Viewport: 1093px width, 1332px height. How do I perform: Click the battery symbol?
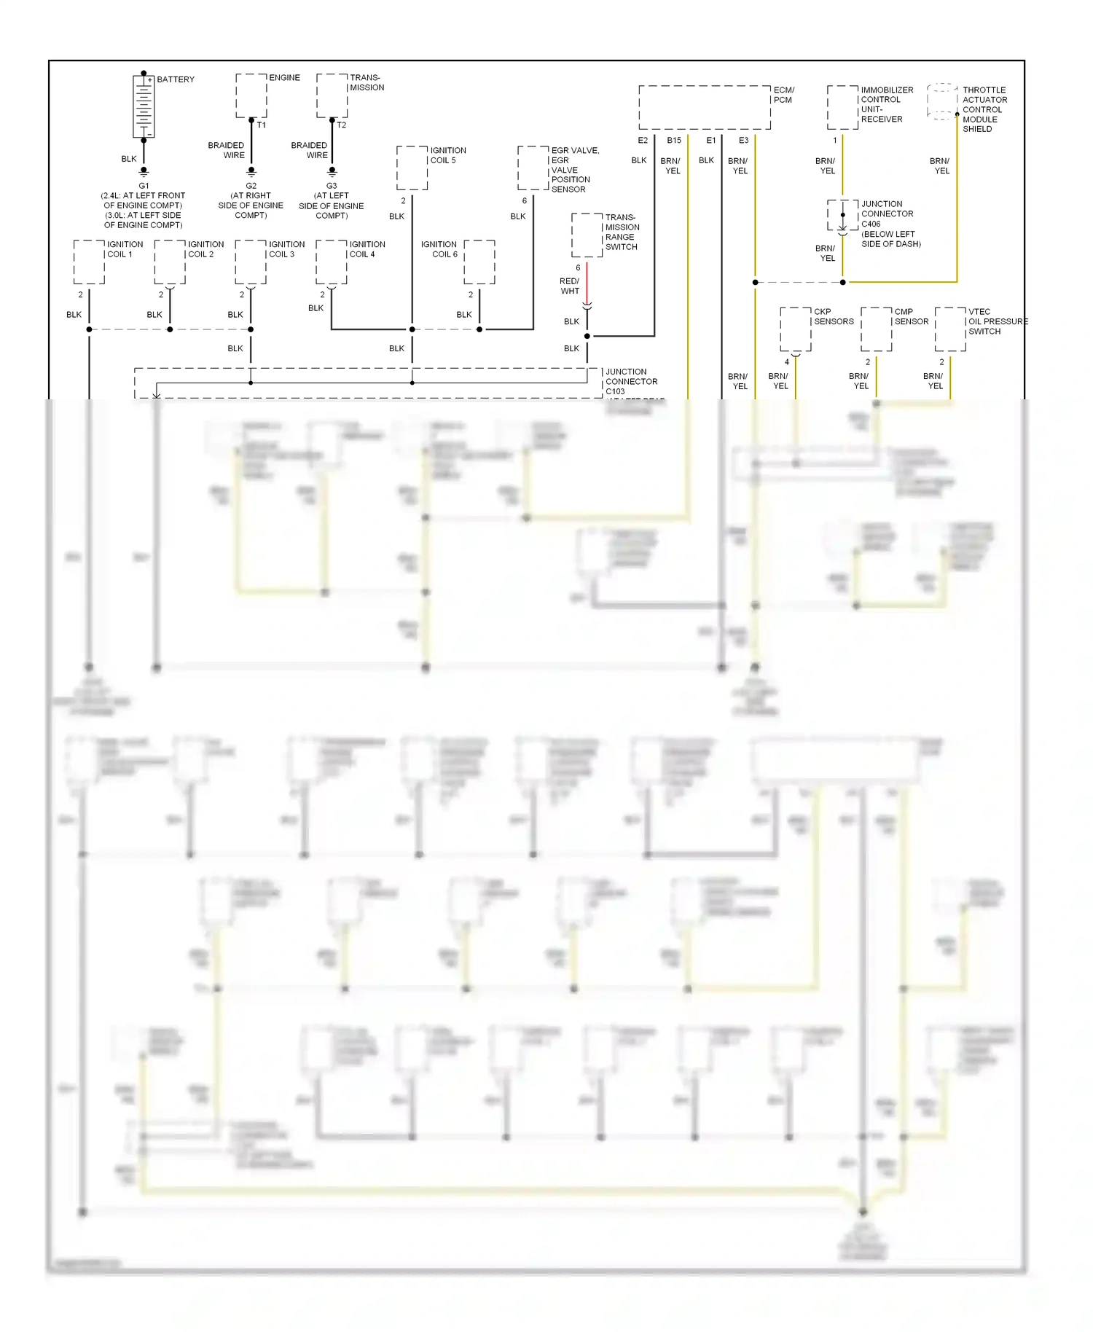pos(144,106)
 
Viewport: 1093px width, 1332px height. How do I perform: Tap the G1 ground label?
pos(144,186)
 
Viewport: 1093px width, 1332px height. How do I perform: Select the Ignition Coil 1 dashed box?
pos(89,262)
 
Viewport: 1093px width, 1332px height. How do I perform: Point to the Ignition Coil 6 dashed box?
pos(479,262)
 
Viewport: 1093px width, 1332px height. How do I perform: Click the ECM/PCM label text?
pos(783,95)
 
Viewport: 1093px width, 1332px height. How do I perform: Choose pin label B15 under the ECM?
pos(674,141)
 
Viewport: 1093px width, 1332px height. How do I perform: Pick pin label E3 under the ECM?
pos(743,141)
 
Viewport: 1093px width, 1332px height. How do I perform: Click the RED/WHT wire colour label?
pos(569,286)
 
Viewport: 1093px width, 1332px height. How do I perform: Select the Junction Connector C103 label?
pos(631,381)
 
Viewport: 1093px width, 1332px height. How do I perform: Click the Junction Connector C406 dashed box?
pos(842,215)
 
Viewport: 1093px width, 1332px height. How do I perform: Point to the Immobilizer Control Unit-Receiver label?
pos(886,104)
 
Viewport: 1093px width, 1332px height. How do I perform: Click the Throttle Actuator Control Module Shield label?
pos(984,109)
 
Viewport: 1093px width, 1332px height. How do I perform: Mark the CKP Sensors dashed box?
pos(796,329)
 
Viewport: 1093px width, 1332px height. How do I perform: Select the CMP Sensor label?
pos(911,316)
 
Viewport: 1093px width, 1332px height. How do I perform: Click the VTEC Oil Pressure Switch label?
pos(997,321)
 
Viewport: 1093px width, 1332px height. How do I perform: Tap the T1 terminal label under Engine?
pos(261,125)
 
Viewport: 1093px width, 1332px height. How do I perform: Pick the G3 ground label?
pos(332,186)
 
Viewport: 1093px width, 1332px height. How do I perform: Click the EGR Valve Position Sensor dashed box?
pos(533,168)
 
